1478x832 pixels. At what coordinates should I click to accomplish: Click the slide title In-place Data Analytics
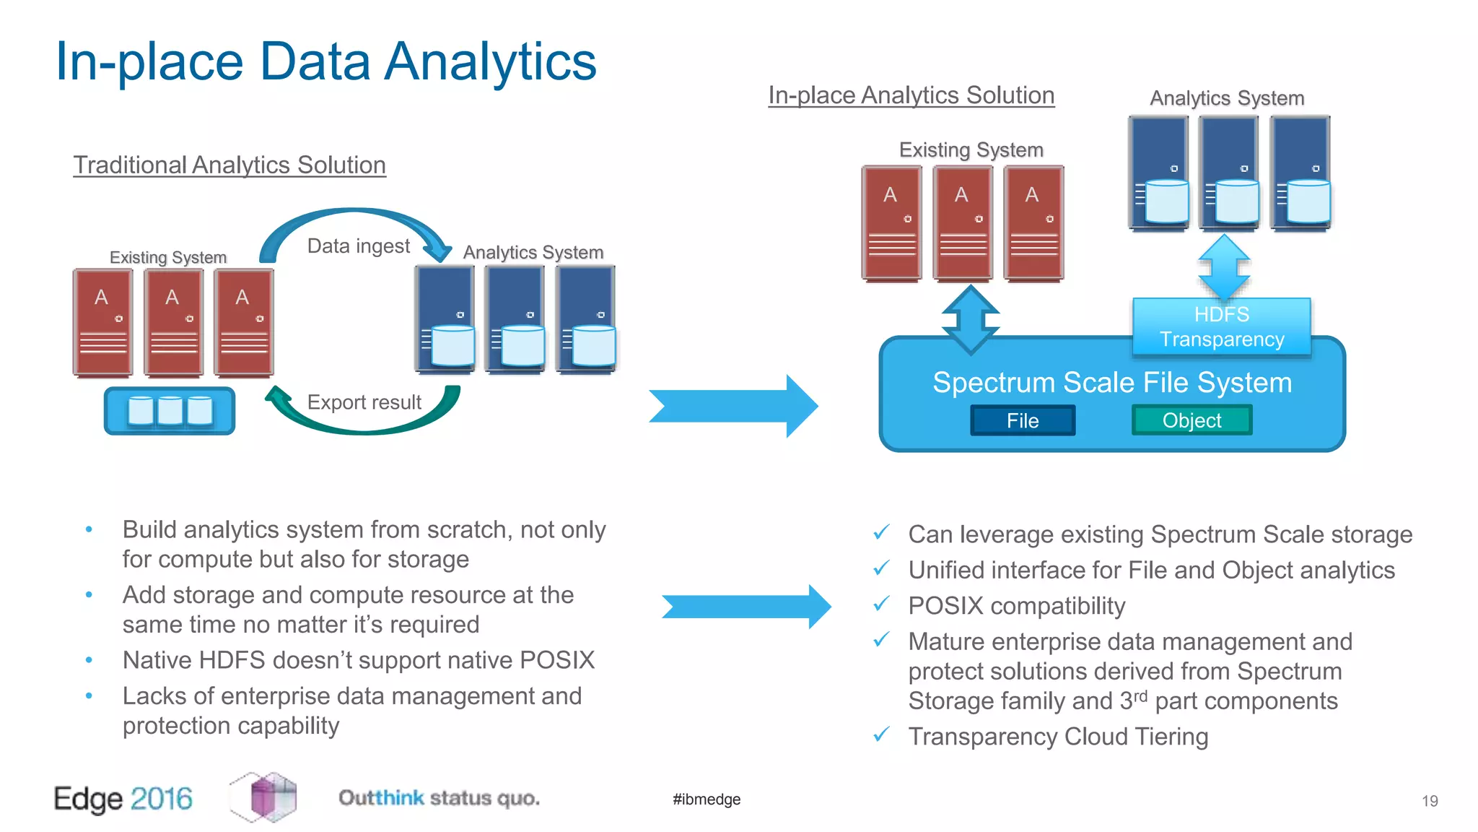[x=325, y=61]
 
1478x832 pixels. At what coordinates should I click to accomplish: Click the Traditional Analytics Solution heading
[x=229, y=165]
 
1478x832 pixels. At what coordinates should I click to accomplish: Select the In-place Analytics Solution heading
[x=911, y=95]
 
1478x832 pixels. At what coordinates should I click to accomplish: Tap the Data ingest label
[x=358, y=246]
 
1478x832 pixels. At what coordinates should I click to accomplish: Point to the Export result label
[x=364, y=402]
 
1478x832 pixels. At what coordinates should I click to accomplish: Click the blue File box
[x=1023, y=420]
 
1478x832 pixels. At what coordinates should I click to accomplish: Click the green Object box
[x=1191, y=420]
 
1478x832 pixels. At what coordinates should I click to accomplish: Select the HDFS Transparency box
[x=1221, y=327]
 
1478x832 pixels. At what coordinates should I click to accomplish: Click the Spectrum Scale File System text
[x=1111, y=382]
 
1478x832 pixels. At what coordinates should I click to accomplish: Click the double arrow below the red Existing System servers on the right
[x=971, y=319]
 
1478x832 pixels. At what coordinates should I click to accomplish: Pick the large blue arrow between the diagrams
[x=733, y=406]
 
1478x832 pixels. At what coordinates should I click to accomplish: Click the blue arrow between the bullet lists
[x=745, y=607]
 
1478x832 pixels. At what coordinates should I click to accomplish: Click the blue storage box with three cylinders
[x=170, y=411]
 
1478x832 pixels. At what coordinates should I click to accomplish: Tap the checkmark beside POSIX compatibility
[x=881, y=604]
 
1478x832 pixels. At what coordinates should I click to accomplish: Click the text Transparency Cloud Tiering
[x=1058, y=737]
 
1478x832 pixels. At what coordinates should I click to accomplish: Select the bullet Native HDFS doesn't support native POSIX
[x=358, y=660]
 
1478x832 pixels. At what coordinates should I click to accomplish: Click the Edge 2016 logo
[x=123, y=799]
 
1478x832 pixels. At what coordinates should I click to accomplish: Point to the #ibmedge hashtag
[x=707, y=799]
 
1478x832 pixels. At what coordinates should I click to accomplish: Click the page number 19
[x=1430, y=801]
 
